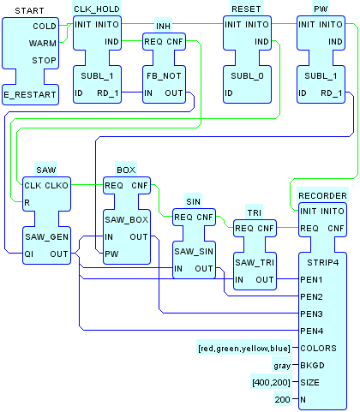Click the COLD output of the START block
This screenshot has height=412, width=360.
point(45,27)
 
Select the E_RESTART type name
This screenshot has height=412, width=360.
point(30,94)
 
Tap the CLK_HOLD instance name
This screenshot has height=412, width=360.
point(97,9)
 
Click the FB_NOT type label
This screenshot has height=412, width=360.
point(164,76)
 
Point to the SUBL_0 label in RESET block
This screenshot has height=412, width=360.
point(247,76)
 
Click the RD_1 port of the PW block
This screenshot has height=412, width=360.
point(332,93)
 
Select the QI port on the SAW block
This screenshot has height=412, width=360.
point(28,254)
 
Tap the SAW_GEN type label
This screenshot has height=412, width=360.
point(46,236)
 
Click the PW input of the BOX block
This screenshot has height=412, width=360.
point(111,254)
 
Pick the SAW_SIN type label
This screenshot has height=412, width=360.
point(194,252)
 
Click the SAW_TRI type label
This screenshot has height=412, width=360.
point(255,263)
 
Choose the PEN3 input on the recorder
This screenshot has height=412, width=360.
point(311,314)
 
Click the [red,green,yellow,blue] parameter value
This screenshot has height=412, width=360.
point(244,349)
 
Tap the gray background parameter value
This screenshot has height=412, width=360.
point(282,366)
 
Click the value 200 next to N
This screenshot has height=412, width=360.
point(282,400)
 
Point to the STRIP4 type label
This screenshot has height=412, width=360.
point(323,263)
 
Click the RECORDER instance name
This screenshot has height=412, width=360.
point(322,196)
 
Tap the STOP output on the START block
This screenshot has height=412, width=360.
point(44,61)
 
